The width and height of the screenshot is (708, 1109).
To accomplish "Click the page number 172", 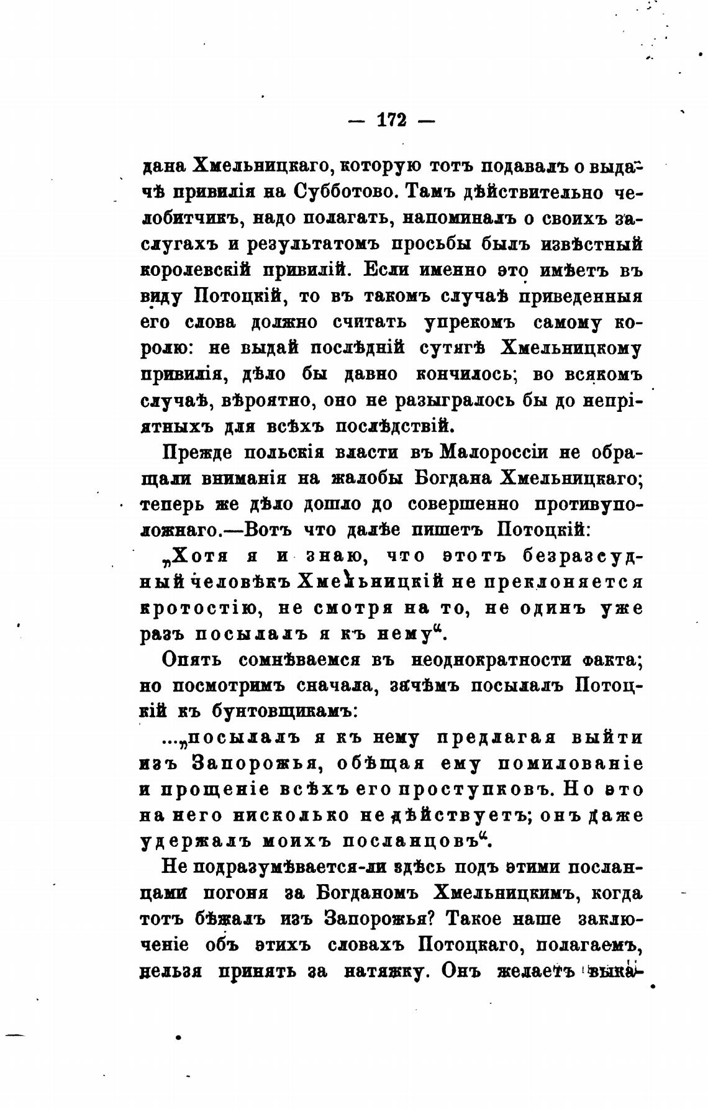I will (392, 119).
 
